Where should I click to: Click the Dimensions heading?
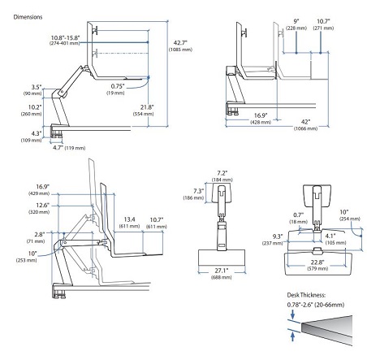[28, 17]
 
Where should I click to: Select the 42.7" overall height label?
[180, 46]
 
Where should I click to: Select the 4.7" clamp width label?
[69, 148]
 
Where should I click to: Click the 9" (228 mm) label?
[296, 24]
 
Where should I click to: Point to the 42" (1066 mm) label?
[306, 125]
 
